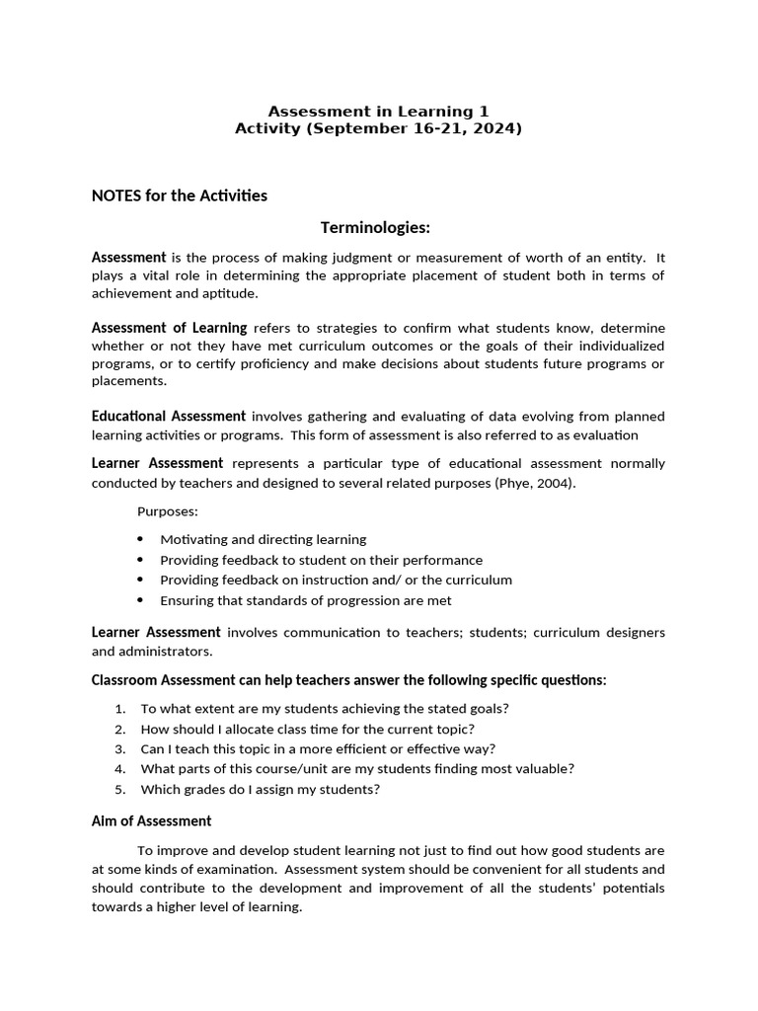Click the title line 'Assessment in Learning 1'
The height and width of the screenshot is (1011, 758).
coord(378,112)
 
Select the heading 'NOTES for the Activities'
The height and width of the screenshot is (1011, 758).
coord(180,195)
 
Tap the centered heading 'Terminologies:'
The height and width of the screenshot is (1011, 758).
coord(375,228)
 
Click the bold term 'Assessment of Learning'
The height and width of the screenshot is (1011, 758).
coord(169,328)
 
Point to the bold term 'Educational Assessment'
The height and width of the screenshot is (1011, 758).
coord(169,416)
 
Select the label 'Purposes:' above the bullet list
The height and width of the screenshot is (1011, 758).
coord(167,511)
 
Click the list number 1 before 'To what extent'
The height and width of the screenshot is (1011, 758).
coord(119,708)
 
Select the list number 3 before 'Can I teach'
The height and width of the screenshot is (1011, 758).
coord(119,748)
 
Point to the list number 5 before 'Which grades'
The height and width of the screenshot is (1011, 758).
coord(119,789)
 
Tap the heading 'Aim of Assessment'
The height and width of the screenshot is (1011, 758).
coord(151,820)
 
